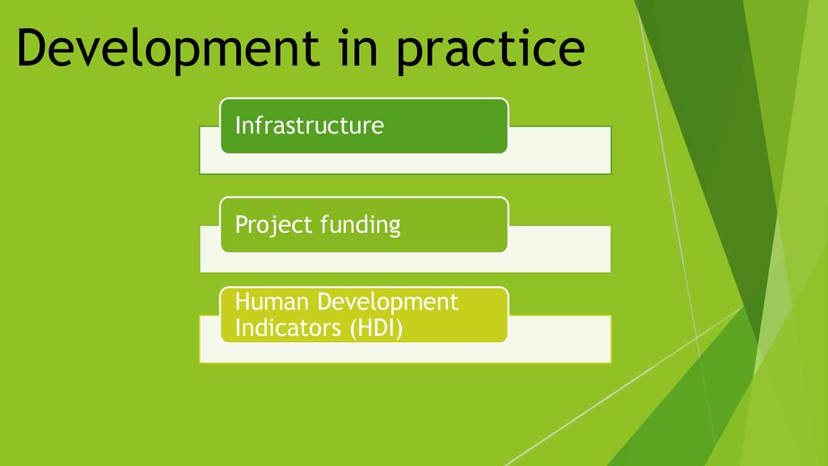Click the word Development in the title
[168, 49]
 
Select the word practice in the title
[491, 49]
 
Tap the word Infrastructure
[310, 125]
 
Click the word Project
[274, 226]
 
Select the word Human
[272, 302]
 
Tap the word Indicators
[289, 328]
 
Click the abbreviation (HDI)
[377, 328]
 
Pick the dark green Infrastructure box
[364, 125]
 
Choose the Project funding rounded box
[364, 225]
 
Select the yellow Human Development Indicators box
[364, 315]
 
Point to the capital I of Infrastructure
[238, 125]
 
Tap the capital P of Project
[242, 224]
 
